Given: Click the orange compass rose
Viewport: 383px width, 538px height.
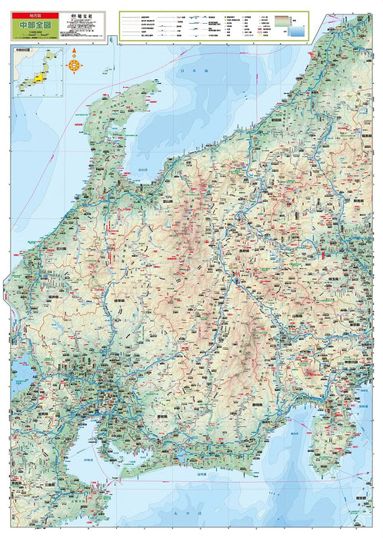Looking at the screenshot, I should tap(75, 65).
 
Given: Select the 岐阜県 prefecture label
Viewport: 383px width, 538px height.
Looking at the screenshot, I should tap(119, 301).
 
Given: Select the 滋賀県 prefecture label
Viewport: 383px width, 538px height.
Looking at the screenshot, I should tap(42, 413).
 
